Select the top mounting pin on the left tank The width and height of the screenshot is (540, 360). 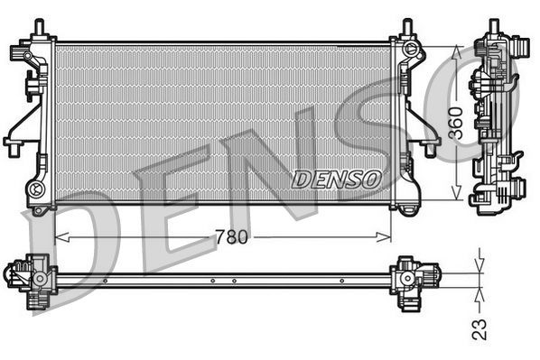40,28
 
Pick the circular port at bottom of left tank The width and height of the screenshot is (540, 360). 36,189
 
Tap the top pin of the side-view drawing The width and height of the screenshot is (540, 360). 495,27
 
